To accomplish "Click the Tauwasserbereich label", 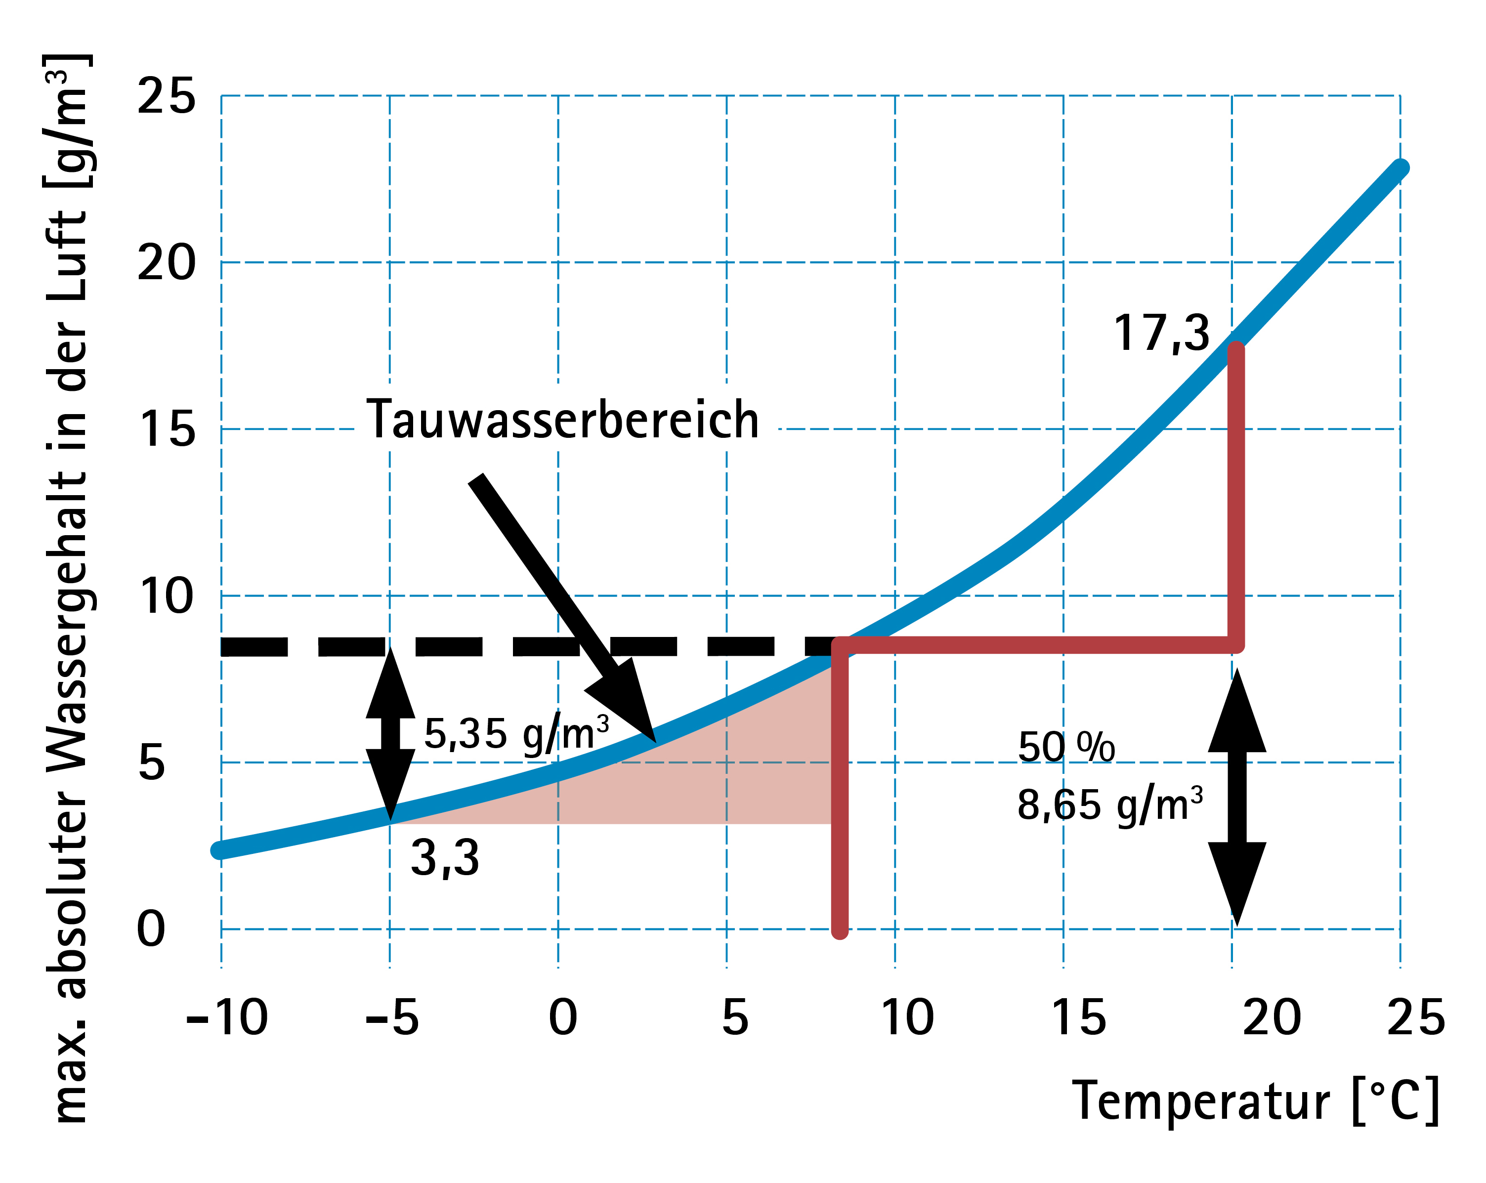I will tap(562, 420).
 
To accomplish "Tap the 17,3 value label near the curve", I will tap(1161, 334).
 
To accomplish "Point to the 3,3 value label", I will tap(445, 859).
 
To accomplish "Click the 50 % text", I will tap(1066, 747).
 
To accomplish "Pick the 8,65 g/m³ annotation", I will tap(1109, 804).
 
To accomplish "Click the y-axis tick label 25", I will tap(166, 96).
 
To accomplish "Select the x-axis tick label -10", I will tap(227, 1017).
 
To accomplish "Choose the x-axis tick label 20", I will tap(1272, 1017).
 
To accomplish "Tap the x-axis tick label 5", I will tap(735, 1017).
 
